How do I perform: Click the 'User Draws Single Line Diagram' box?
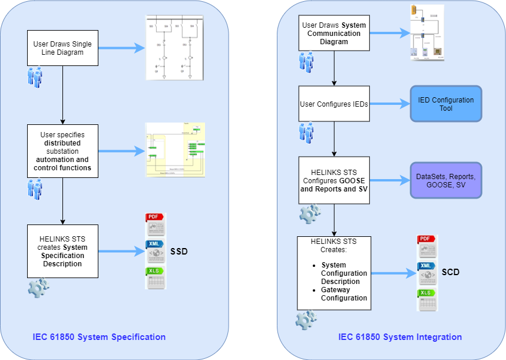[x=62, y=48]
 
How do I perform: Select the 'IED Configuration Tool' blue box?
[x=445, y=104]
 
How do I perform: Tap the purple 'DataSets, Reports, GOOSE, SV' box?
[x=445, y=181]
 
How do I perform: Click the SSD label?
[x=179, y=252]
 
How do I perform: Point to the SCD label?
[x=451, y=272]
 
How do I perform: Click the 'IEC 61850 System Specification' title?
[x=99, y=337]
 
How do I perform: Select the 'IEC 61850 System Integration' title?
[x=400, y=337]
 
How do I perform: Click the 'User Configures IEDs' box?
[x=334, y=104]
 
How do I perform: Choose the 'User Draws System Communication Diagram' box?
[x=334, y=34]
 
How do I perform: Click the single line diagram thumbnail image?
[x=174, y=48]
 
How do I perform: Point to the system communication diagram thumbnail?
[x=426, y=33]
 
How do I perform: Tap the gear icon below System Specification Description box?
[x=38, y=288]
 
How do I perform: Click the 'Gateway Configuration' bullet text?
[x=343, y=293]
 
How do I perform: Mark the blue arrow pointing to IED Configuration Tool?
[x=389, y=104]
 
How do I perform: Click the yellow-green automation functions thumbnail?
[x=175, y=150]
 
